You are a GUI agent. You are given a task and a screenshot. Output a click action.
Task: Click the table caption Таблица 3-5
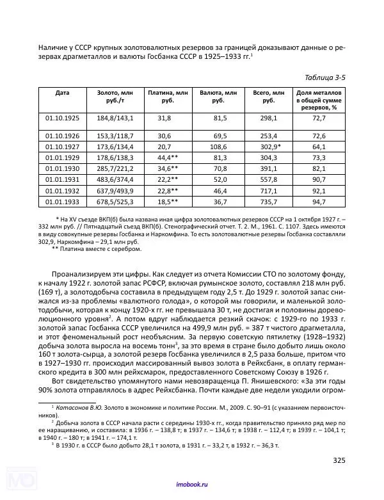pos(324,77)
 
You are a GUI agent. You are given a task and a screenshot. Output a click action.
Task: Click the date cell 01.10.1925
pos(62,118)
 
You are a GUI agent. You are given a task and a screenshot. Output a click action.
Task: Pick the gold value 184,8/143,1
pos(115,118)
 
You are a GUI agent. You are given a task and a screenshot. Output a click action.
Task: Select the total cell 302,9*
pos(268,147)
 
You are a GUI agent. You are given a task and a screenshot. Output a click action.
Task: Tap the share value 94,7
pos(319,202)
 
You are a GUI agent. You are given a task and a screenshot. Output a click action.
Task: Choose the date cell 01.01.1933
pos(62,202)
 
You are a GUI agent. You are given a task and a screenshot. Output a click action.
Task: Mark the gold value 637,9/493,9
pos(115,191)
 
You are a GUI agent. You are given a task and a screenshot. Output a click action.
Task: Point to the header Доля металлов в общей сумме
pos(319,100)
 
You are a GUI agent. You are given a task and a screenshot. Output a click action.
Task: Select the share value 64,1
pos(319,147)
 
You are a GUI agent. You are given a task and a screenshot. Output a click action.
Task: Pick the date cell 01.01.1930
pos(62,168)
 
